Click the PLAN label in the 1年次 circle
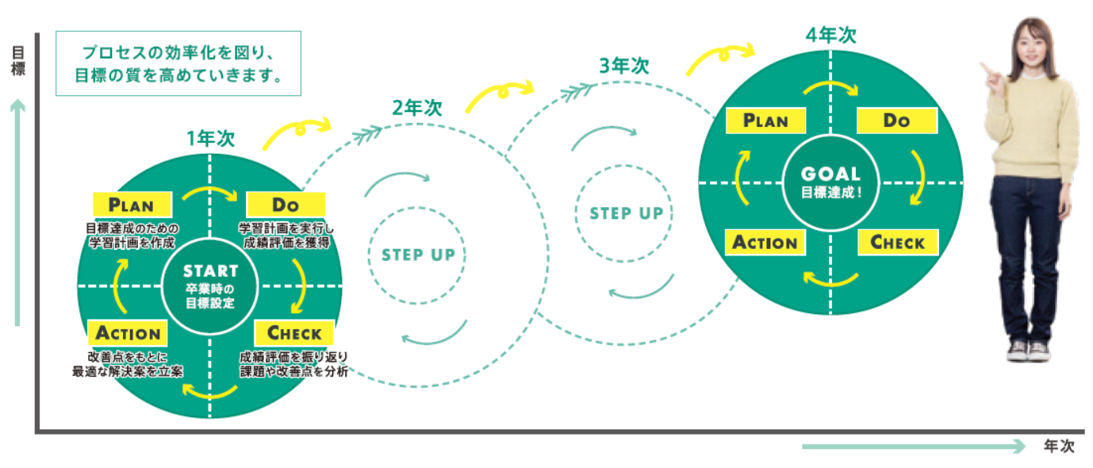click(132, 205)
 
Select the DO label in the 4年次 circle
click(896, 121)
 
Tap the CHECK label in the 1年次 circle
click(294, 332)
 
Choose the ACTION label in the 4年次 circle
click(765, 242)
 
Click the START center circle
click(210, 286)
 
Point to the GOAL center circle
click(830, 181)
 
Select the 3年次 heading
click(623, 66)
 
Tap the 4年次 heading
click(830, 35)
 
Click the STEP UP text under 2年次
click(418, 255)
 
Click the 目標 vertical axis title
click(17, 61)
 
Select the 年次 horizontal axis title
click(1059, 447)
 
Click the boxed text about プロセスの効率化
click(178, 64)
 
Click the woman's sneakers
click(1027, 350)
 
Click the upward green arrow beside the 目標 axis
click(17, 214)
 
